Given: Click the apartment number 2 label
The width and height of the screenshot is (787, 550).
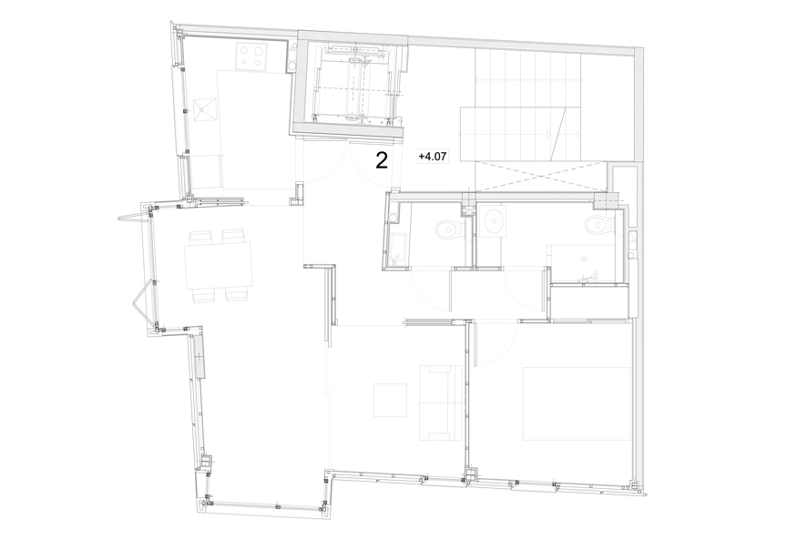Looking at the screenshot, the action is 382,160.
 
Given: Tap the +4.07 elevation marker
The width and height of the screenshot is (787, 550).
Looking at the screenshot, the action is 432,157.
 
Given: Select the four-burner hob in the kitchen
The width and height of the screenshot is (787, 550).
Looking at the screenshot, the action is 252,56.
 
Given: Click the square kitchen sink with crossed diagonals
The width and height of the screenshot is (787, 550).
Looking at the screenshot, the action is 205,110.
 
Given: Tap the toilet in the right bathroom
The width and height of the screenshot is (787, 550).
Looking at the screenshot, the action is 599,224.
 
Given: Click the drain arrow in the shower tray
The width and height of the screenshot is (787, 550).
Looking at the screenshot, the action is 583,259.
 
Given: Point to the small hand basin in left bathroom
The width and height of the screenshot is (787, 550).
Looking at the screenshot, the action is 392,218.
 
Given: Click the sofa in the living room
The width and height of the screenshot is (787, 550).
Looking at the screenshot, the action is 441,403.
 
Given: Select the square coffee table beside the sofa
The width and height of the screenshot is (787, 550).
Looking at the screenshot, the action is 390,400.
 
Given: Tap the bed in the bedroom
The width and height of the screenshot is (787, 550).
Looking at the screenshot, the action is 577,404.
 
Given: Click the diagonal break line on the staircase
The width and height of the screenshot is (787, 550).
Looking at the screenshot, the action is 558,134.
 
